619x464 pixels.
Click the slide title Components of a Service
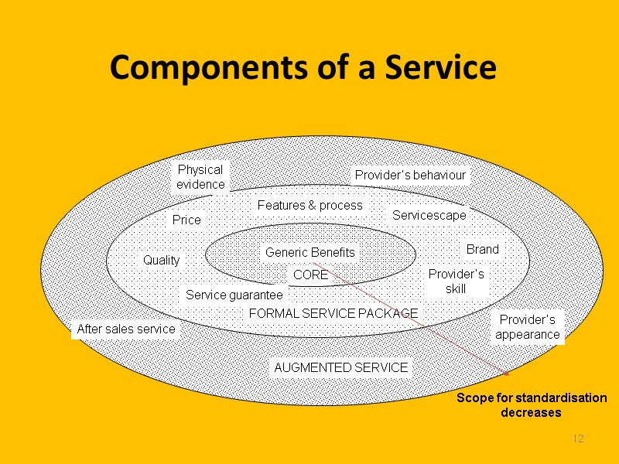click(x=303, y=68)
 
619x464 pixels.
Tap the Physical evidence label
click(x=200, y=176)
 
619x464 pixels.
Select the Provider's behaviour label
click(x=410, y=176)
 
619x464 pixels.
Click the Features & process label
click(x=309, y=205)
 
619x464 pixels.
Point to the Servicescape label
click(x=429, y=215)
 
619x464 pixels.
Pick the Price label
click(x=186, y=220)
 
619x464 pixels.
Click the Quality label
click(x=162, y=261)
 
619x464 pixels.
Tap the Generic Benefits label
click(x=310, y=252)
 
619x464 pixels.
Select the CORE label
click(x=310, y=275)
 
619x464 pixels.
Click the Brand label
click(x=482, y=249)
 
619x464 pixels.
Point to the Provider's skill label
click(x=456, y=281)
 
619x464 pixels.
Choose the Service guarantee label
click(x=234, y=295)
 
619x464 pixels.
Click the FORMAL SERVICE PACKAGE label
click(x=333, y=313)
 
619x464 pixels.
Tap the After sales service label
click(x=126, y=329)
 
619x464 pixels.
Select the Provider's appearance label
click(x=527, y=327)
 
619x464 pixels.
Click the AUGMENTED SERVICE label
click(x=340, y=368)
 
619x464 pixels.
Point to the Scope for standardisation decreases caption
click(x=531, y=404)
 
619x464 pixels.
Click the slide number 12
click(x=577, y=439)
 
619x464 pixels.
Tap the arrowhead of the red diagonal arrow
click(x=507, y=375)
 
